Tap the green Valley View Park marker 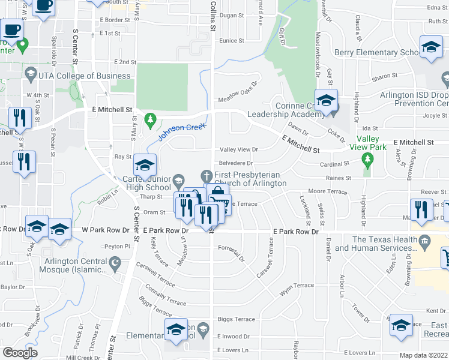coord(368,159)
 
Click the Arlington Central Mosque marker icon coord(115,262)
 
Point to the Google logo coord(20,353)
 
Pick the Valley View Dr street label coord(239,149)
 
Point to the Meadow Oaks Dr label coord(237,92)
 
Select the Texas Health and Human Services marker coord(426,243)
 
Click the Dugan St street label coord(231,16)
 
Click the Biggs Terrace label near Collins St coord(236,319)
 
